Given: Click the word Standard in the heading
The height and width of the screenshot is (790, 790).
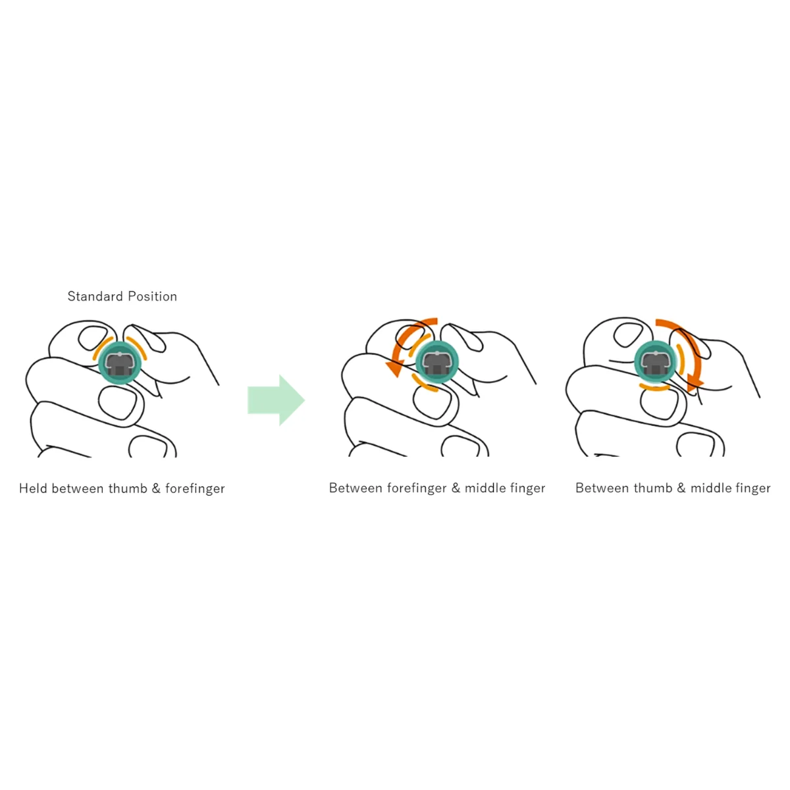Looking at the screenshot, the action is point(95,296).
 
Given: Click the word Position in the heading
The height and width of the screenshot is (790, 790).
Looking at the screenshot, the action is point(153,296).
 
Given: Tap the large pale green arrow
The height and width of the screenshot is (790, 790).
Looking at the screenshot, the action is point(276,400).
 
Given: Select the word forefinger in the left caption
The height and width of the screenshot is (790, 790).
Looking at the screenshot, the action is point(195,488).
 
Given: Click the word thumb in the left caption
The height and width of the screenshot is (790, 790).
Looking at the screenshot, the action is point(128,488).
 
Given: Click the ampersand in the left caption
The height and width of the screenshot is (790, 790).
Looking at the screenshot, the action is point(156,488).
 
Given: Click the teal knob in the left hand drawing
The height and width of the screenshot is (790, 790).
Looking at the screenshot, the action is point(120,363).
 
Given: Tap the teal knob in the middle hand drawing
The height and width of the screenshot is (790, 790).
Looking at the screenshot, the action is point(437,362).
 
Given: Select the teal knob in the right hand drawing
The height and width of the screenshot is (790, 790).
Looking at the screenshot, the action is point(655,362).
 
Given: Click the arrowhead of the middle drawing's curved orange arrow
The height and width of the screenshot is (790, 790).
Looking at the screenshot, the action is point(395,368).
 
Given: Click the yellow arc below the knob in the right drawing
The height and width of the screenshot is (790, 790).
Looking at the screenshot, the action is point(654,388).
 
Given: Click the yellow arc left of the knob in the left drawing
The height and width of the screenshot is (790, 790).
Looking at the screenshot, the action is point(101,348).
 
